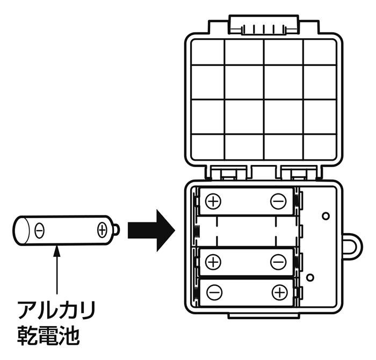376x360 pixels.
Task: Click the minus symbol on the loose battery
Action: (39, 231)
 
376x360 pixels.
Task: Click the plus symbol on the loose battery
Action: (102, 231)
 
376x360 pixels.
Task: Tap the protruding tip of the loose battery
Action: (117, 230)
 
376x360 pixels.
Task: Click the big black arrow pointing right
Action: (151, 231)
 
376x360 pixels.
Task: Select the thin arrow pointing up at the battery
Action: (57, 270)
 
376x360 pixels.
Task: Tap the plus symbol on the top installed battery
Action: (213, 201)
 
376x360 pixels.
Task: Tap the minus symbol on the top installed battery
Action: (278, 201)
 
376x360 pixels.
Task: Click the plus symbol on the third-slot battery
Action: (213, 262)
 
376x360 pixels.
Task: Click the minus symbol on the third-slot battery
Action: (278, 262)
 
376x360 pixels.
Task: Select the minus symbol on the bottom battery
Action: (214, 292)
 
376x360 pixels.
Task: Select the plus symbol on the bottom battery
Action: (280, 292)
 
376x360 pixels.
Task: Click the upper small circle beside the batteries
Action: (326, 216)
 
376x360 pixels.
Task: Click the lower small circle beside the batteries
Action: (310, 277)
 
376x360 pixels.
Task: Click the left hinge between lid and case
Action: (228, 172)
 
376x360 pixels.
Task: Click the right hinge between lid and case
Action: (299, 172)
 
